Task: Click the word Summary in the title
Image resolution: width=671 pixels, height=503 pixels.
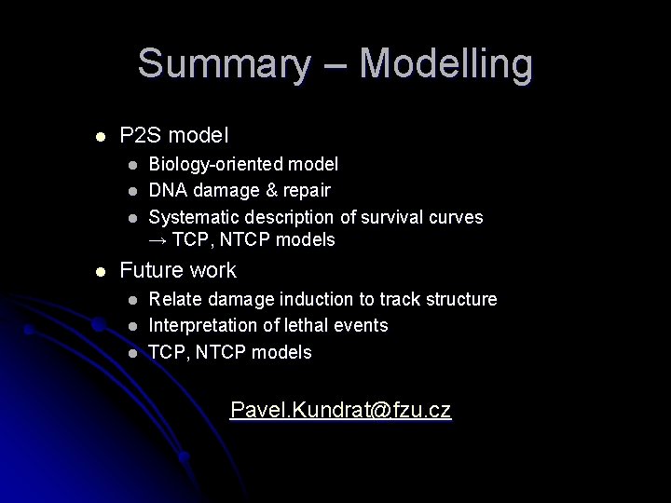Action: [223, 64]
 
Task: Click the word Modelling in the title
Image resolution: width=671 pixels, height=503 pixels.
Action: [445, 64]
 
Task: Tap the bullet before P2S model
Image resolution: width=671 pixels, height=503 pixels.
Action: [101, 136]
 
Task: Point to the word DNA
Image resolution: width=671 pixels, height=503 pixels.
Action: [167, 190]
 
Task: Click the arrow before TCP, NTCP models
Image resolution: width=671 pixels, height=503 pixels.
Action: [158, 240]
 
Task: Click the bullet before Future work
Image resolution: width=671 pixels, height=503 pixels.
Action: [101, 272]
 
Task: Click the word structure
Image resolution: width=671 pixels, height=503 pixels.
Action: [459, 299]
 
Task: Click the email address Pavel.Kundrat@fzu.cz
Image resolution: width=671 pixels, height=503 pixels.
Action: [340, 410]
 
